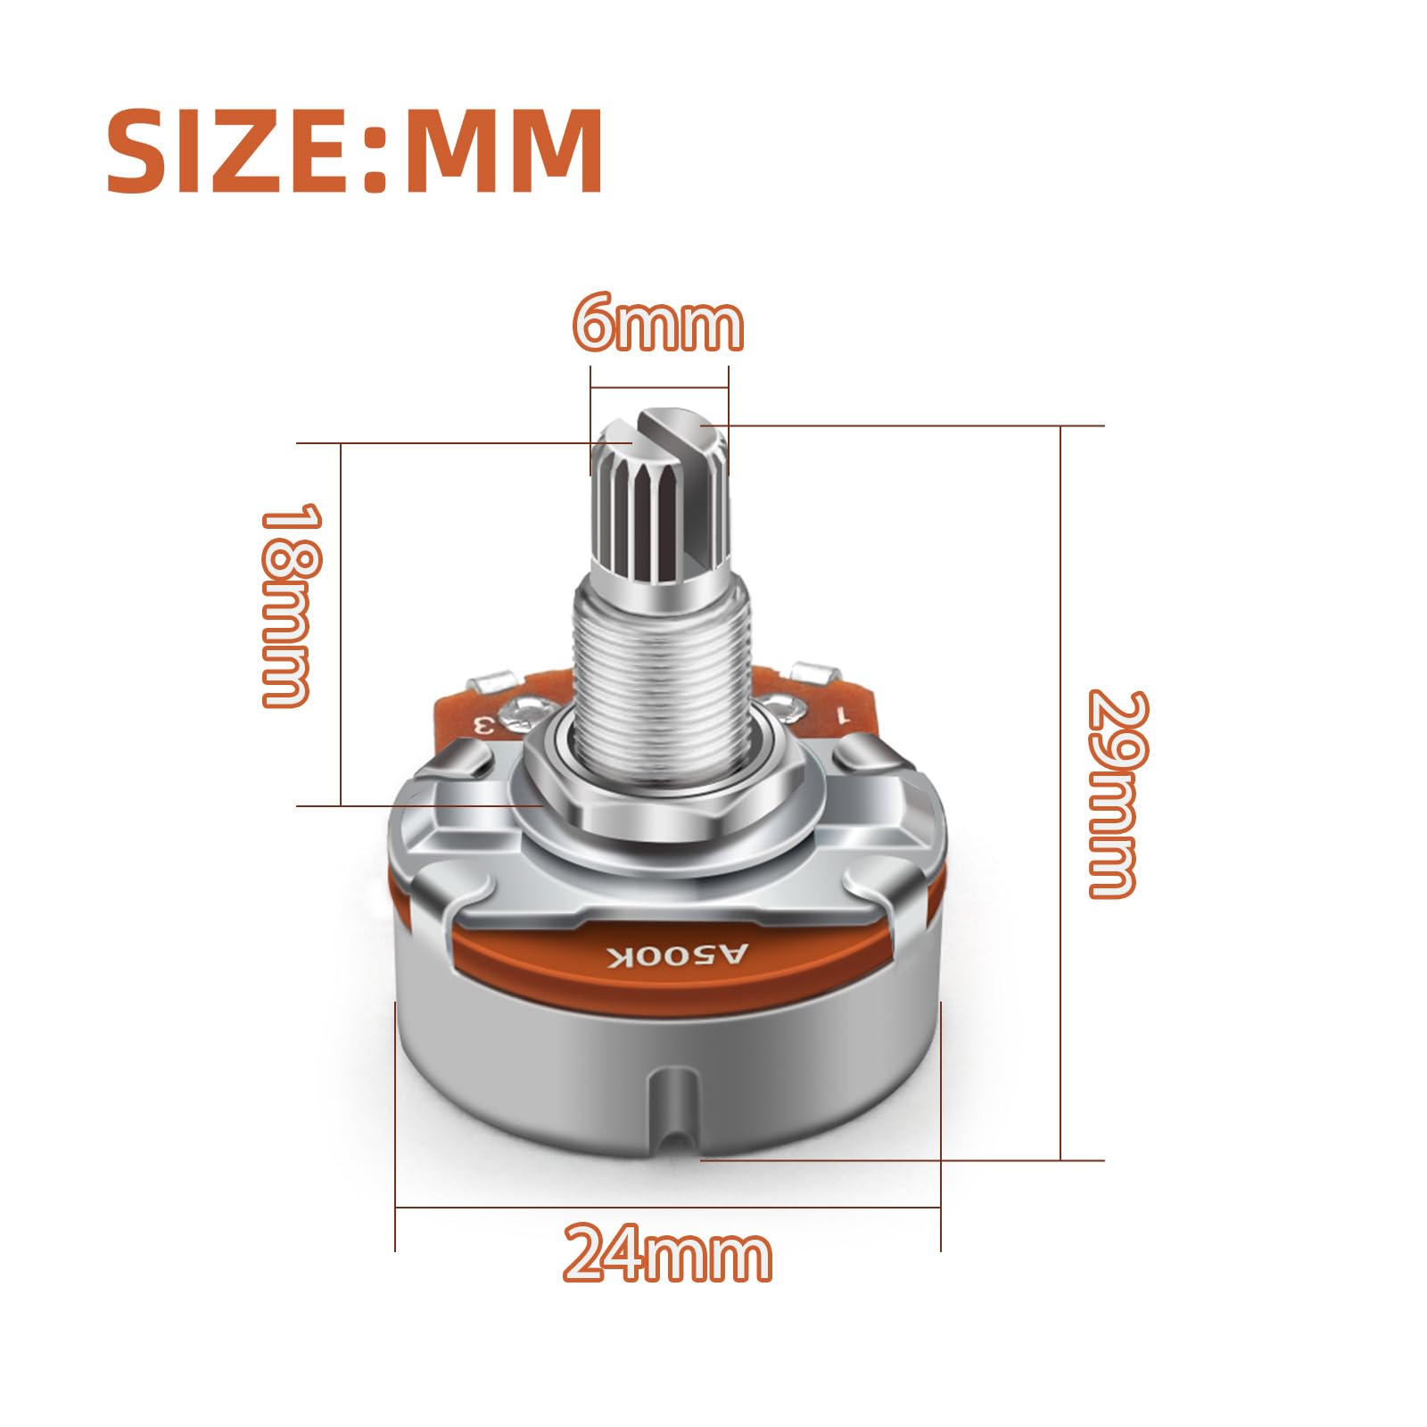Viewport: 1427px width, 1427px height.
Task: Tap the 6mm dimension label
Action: (658, 326)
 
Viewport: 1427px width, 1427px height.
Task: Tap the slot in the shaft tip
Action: (664, 432)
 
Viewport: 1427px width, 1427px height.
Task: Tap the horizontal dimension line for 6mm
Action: (660, 388)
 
